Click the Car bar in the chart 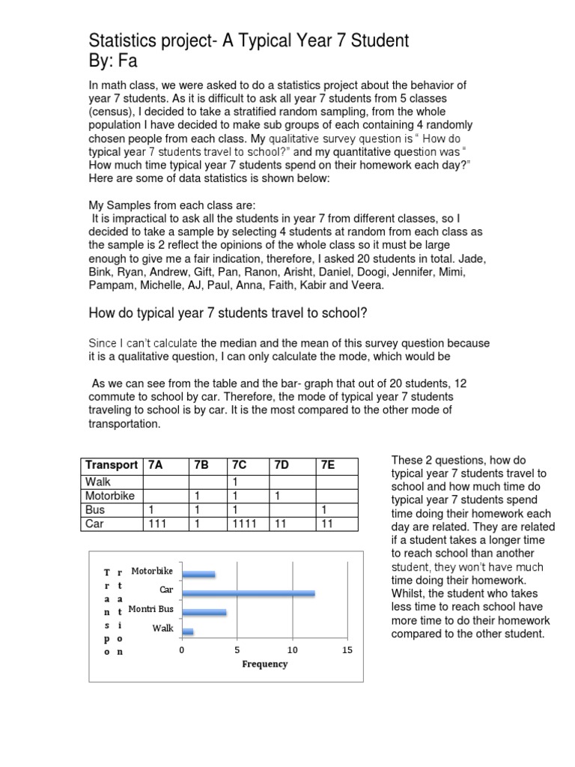(x=248, y=593)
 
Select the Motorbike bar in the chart (x=198, y=575)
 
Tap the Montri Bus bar (x=204, y=612)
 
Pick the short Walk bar (x=187, y=631)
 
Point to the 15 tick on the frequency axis (x=347, y=649)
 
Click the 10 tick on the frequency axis (x=292, y=649)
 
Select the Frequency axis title (x=264, y=664)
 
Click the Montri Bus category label (x=151, y=610)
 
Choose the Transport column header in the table (x=111, y=464)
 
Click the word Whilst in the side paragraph (x=410, y=593)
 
